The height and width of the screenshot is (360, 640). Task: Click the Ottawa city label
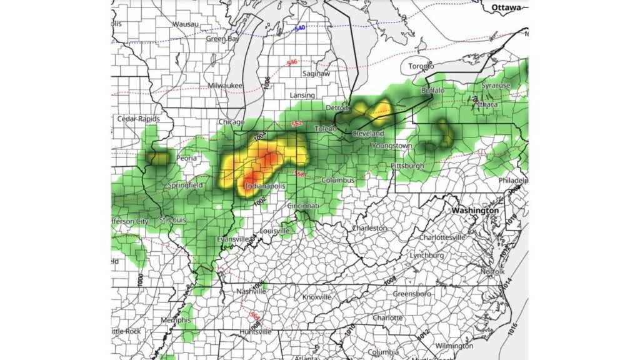point(506,7)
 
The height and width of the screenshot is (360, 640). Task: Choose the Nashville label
point(252,291)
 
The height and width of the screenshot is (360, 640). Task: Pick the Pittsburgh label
point(407,166)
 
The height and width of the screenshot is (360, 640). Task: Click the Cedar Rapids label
point(138,119)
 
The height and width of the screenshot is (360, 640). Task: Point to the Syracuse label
point(496,85)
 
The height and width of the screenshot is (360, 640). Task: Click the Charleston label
point(369,228)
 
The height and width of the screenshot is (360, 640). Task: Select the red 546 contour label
point(291,62)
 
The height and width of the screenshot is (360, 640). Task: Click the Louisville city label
point(274,231)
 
